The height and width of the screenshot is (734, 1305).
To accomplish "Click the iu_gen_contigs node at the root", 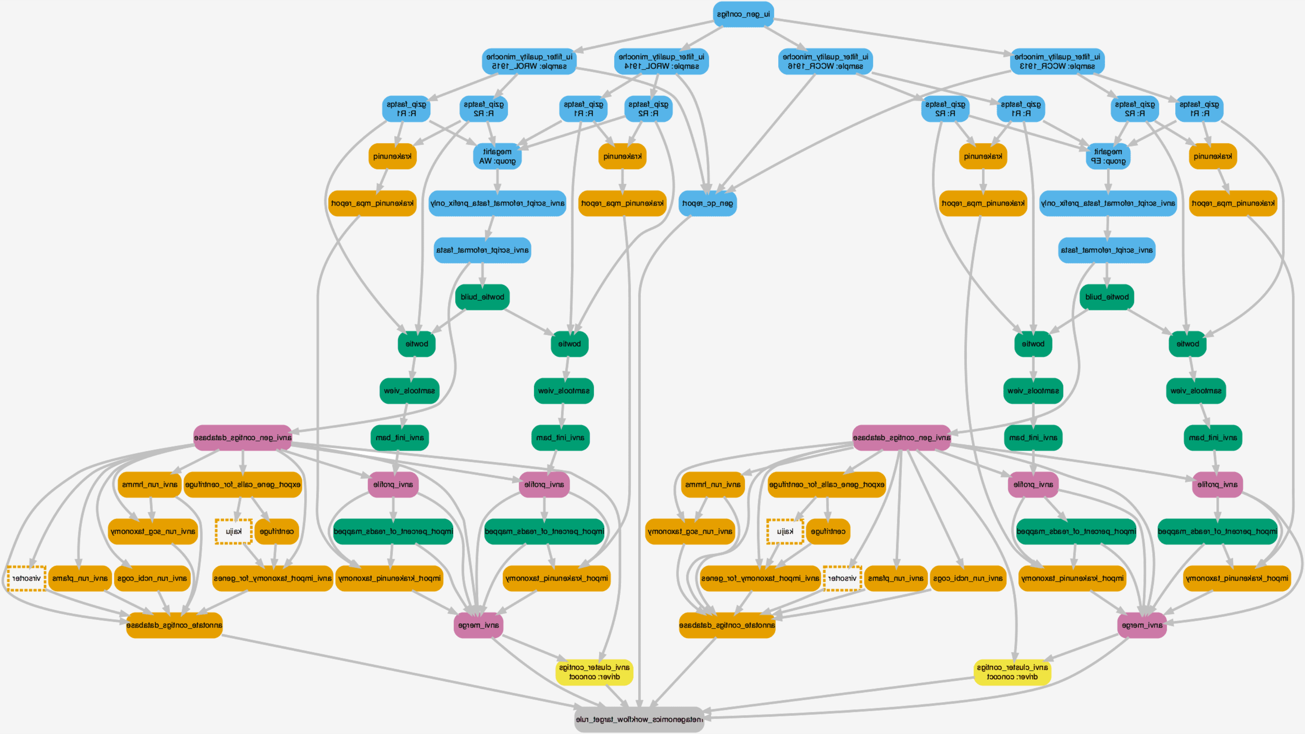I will pyautogui.click(x=743, y=14).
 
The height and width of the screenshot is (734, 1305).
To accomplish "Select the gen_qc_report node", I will pyautogui.click(x=707, y=203).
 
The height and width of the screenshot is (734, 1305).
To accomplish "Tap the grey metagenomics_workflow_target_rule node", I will pyautogui.click(x=639, y=719).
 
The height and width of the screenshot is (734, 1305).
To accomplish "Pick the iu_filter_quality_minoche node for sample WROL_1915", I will pyautogui.click(x=529, y=61).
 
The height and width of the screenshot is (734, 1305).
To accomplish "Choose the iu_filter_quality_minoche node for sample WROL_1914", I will pyautogui.click(x=661, y=61).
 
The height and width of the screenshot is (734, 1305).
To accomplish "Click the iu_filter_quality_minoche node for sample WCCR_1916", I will pyautogui.click(x=825, y=61).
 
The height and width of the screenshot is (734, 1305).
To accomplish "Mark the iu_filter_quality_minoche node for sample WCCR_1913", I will pyautogui.click(x=1057, y=61).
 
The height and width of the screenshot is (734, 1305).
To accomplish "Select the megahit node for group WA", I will pyautogui.click(x=497, y=156).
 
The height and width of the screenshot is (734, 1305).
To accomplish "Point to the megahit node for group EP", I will pyautogui.click(x=1108, y=156).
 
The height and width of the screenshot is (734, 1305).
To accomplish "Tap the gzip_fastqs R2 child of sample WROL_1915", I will pyautogui.click(x=484, y=109).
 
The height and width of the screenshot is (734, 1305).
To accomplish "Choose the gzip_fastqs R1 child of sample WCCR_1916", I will pyautogui.click(x=1021, y=109).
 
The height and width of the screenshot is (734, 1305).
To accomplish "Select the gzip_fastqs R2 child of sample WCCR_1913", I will pyautogui.click(x=1135, y=109).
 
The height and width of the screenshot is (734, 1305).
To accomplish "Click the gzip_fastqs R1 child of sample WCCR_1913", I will pyautogui.click(x=1199, y=109).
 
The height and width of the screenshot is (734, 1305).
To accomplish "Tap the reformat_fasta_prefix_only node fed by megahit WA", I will pyautogui.click(x=497, y=203).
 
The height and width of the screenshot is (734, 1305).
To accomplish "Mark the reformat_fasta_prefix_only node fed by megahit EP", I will pyautogui.click(x=1108, y=203).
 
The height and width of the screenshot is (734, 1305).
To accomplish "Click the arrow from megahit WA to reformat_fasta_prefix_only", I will pyautogui.click(x=497, y=180).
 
